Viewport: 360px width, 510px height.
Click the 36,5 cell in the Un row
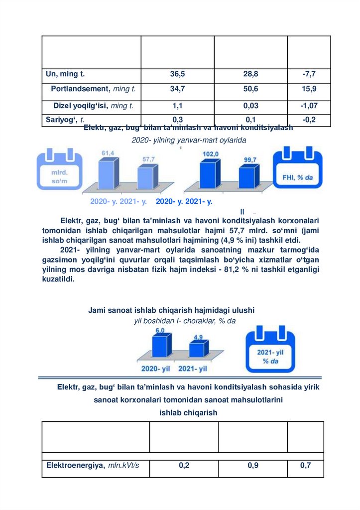(177, 74)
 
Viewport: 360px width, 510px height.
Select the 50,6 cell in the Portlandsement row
(250, 90)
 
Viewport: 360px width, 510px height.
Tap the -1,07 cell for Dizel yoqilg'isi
(309, 106)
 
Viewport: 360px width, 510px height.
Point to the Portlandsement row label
(93, 90)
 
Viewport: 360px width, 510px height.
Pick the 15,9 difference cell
(309, 90)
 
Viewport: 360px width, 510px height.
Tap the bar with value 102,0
(209, 174)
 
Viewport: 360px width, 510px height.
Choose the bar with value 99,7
(247, 177)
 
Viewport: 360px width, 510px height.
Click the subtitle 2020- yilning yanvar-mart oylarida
(189, 140)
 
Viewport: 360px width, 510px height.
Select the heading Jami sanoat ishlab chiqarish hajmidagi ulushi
(171, 310)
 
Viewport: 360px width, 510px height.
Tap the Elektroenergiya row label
(93, 466)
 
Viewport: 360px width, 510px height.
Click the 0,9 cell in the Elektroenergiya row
(252, 466)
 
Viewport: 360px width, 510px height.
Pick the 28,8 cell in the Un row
(250, 74)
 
